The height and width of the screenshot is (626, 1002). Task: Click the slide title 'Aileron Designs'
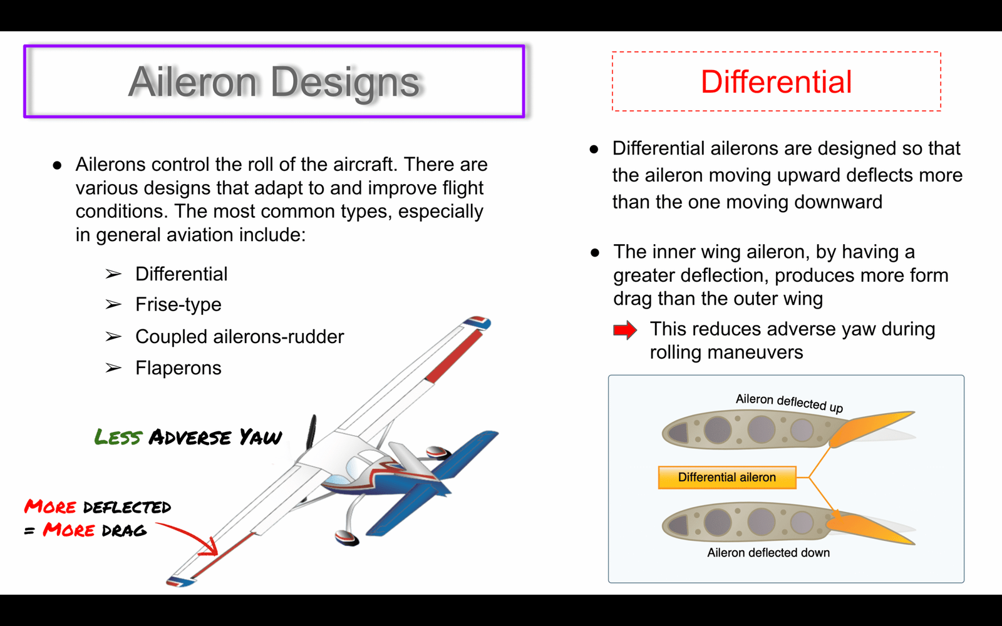pos(274,82)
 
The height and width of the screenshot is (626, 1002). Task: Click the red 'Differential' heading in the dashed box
pos(776,82)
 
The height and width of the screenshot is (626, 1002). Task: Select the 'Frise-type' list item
pos(178,305)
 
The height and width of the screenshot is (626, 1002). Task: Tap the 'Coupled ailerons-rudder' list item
pos(240,337)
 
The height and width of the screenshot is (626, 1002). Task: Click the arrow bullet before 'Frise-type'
pos(113,304)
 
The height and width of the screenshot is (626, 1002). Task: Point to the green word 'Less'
pos(118,437)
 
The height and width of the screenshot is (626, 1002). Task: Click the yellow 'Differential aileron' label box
pos(727,478)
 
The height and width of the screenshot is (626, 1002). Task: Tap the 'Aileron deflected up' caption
pos(789,403)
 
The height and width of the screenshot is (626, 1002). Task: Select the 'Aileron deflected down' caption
pos(768,553)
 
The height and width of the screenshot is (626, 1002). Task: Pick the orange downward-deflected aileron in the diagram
pos(868,530)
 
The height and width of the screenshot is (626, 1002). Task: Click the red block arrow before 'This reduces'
pos(625,330)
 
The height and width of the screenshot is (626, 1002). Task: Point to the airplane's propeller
pos(311,433)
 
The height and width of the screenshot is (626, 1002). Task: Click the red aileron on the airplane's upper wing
pos(453,356)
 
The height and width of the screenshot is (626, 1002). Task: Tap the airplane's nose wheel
pos(347,538)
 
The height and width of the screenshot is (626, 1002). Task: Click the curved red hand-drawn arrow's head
pos(209,548)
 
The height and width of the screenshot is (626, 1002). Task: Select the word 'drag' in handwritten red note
pos(124,531)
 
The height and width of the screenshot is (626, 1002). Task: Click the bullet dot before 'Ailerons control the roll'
pos(57,165)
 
